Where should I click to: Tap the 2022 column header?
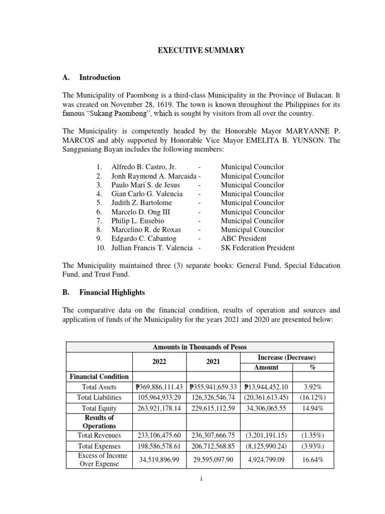[x=159, y=361]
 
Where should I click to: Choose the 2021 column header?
[x=213, y=361]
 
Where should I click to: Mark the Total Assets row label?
[x=99, y=387]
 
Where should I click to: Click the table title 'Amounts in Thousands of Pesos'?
[x=200, y=347]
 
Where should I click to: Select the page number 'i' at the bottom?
[x=200, y=479]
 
